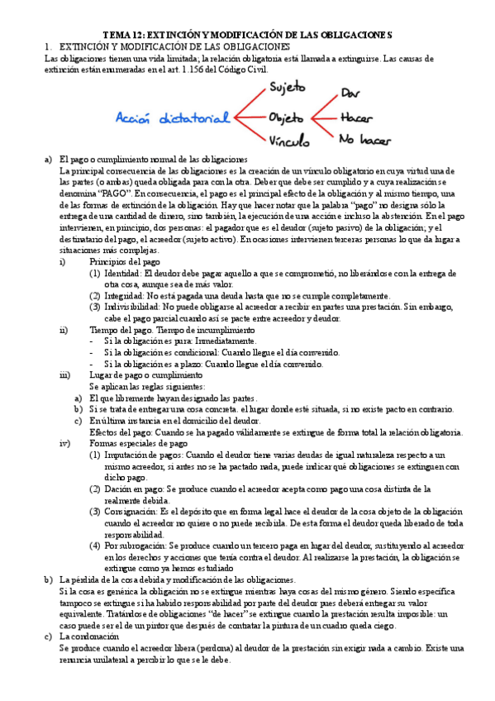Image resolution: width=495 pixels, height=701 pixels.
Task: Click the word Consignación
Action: coord(130,512)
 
